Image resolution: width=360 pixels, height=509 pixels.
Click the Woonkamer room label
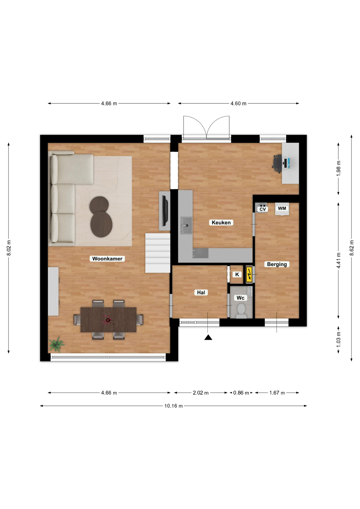point(107,259)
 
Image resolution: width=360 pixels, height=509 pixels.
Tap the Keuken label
point(221,223)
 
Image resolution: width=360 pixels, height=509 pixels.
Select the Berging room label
point(277,264)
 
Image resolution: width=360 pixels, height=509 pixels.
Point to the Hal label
point(201,293)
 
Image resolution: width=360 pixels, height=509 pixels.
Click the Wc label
point(240,298)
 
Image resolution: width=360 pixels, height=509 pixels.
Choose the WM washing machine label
point(282,208)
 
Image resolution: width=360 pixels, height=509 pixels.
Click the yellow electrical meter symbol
point(249,274)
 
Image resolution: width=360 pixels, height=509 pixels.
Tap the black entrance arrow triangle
point(208,337)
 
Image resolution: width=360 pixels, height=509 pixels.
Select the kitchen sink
point(186,225)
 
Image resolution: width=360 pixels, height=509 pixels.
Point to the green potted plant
point(56,344)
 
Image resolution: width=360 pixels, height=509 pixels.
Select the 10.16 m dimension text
point(173,406)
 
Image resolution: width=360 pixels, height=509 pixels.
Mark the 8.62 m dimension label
point(352,248)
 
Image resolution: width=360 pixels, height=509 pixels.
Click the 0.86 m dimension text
point(241,393)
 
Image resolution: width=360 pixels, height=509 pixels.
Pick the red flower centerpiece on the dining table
point(108,320)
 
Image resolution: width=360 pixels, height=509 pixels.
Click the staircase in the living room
point(158,253)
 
